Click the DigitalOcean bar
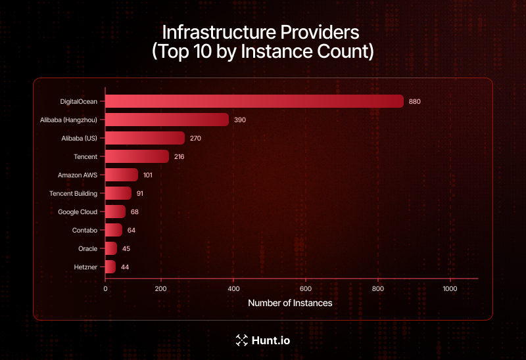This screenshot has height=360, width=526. tap(254, 101)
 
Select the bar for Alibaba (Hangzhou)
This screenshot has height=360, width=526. tap(167, 120)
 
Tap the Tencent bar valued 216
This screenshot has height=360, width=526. tap(137, 156)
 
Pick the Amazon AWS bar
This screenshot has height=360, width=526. tap(122, 175)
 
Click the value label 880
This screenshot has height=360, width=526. tap(414, 101)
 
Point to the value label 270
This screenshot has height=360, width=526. tap(195, 138)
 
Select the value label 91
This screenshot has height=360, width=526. tap(139, 193)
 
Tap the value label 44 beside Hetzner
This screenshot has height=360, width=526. tap(125, 267)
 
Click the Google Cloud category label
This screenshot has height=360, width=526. tap(78, 212)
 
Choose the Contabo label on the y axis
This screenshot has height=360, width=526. tap(84, 230)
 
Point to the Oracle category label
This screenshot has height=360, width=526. tap(87, 248)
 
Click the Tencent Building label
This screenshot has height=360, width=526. tap(74, 193)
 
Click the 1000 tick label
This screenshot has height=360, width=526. tap(450, 288)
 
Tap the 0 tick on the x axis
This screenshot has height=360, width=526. tap(105, 288)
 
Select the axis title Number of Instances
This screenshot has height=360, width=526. tap(290, 304)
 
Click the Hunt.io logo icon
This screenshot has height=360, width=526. tap(241, 340)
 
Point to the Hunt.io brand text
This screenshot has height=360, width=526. tap(271, 340)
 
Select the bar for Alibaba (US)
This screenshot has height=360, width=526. tap(145, 138)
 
